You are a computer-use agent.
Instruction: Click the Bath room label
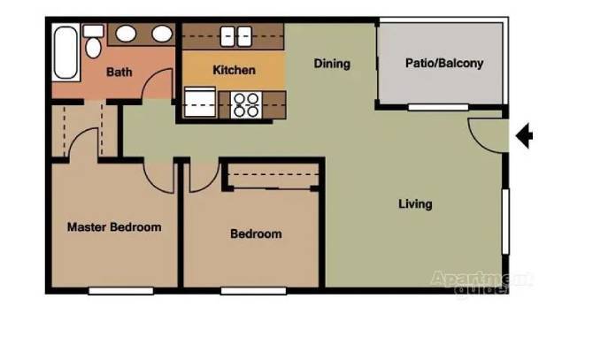coord(119,72)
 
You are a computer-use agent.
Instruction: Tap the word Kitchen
coord(235,70)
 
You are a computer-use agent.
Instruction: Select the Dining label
coord(332,64)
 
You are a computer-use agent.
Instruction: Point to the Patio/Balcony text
coord(444,64)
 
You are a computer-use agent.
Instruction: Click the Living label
coord(415,204)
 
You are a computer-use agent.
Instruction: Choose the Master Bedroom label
coord(114,227)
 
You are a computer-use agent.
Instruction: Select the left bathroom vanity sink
coord(127,34)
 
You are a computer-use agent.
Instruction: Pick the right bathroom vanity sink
coord(161,34)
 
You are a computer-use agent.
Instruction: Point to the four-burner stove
coord(245,104)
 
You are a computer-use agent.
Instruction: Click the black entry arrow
coord(525,136)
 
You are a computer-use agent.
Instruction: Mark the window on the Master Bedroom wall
coord(119,290)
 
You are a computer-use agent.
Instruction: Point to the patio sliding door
coord(438,108)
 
